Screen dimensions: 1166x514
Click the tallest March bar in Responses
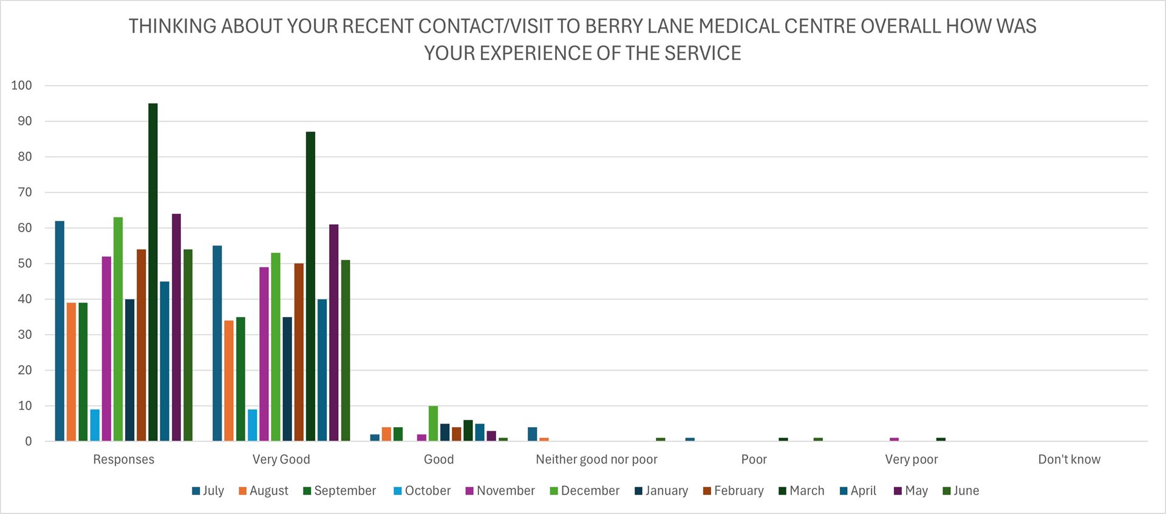coord(153,272)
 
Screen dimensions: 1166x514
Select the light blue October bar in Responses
coord(95,425)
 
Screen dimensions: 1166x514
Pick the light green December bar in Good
coord(433,423)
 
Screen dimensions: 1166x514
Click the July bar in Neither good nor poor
coord(533,434)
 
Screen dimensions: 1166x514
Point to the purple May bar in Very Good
coord(333,333)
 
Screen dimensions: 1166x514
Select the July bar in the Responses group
coord(60,331)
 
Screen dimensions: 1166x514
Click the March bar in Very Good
coord(310,286)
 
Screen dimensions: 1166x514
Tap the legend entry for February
coord(733,491)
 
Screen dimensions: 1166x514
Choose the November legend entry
coord(500,491)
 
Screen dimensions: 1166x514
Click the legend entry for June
coord(961,491)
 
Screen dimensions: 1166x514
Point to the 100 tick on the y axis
coord(21,86)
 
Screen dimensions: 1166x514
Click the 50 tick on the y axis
coord(24,264)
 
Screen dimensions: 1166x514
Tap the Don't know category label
coord(1069,459)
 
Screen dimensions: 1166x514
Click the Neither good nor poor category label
coord(596,459)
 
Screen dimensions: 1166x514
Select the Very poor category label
coord(911,459)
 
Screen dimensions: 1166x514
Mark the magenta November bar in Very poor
coord(894,439)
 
